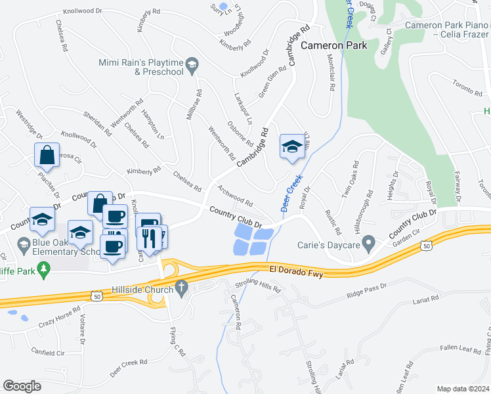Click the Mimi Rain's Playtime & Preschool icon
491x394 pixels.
pyautogui.click(x=192, y=64)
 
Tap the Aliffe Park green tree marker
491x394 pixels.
pyautogui.click(x=43, y=268)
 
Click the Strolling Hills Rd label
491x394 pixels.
pyautogui.click(x=258, y=286)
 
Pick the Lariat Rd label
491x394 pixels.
pyautogui.click(x=426, y=299)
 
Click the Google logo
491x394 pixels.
pyautogui.click(x=22, y=386)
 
